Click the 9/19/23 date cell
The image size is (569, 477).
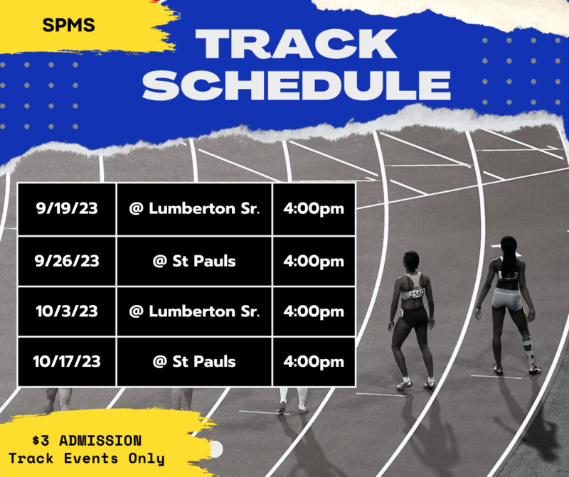coord(67,209)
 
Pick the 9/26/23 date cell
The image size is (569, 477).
coord(67,261)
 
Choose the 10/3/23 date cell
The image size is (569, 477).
coord(67,311)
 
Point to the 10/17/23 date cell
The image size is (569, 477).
coord(67,361)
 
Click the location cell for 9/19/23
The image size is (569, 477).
coord(194,209)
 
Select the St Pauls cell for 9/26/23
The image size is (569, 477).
coord(194,261)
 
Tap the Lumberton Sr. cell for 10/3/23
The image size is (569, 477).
coord(194,311)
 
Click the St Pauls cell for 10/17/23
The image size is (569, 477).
coord(194,361)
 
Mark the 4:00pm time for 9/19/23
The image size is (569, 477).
coord(313,209)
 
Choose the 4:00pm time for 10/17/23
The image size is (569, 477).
coord(313,361)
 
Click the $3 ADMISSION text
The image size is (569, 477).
coord(87,441)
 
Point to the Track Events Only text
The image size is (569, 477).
coord(87,459)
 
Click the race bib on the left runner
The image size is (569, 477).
coord(415,292)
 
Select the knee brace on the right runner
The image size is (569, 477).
coord(527,349)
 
